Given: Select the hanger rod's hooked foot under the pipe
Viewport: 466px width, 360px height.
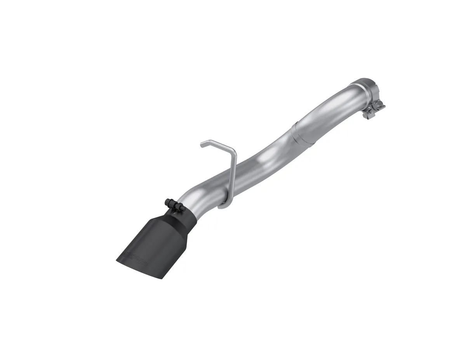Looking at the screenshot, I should [x=223, y=206].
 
